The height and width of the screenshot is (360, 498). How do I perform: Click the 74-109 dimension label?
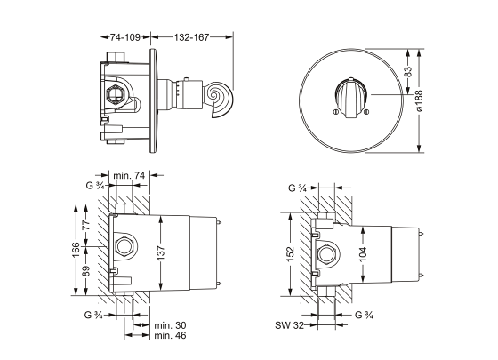click(125, 37)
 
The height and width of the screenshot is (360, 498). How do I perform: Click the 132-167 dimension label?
click(191, 37)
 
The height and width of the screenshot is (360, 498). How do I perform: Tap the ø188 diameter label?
click(419, 101)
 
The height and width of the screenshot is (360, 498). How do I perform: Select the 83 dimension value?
click(409, 71)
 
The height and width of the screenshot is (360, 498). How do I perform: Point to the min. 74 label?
click(129, 175)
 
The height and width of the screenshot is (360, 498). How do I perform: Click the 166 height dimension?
click(76, 250)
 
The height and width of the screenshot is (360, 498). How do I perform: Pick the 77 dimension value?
click(86, 224)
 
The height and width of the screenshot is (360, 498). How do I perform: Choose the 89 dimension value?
click(86, 271)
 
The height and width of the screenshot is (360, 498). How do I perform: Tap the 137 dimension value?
click(161, 253)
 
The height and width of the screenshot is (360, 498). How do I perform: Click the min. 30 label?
click(170, 325)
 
